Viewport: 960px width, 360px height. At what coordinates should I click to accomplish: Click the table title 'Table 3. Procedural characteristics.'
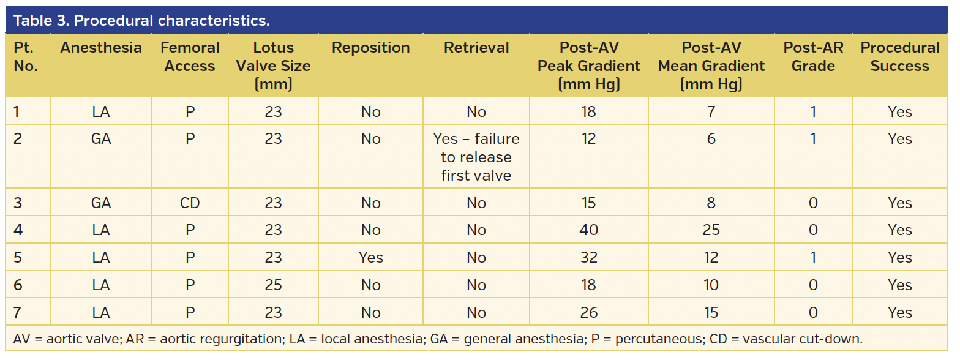[x=141, y=21]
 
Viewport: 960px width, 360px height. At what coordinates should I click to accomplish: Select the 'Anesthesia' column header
[x=101, y=48]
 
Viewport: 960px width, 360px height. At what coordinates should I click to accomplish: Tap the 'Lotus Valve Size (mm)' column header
[x=273, y=66]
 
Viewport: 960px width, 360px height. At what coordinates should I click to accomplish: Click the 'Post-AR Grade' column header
[x=813, y=57]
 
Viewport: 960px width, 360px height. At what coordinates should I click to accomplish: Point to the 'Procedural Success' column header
[x=899, y=57]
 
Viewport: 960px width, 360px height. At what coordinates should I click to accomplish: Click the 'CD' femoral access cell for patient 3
[x=190, y=203]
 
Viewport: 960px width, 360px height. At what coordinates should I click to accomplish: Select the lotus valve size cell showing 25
[x=273, y=285]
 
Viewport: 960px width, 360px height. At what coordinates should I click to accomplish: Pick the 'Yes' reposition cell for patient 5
[x=370, y=258]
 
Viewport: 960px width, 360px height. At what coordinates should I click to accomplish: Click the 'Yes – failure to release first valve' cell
[x=476, y=157]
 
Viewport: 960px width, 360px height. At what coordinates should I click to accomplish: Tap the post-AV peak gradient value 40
[x=588, y=230]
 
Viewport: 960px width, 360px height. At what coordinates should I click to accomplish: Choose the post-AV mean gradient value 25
[x=711, y=230]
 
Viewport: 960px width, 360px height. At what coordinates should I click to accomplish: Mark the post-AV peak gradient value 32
[x=588, y=258]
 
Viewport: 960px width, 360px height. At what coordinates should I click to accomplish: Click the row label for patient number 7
[x=18, y=313]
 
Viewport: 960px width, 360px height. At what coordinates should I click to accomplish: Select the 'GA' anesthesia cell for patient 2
[x=101, y=139]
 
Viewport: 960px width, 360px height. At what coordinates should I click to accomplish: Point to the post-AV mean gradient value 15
[x=711, y=313]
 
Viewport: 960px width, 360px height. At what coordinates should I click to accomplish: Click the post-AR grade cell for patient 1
[x=813, y=112]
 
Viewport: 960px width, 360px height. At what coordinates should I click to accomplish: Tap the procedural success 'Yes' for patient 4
[x=899, y=230]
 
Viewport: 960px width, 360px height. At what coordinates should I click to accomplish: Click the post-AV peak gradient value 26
[x=588, y=313]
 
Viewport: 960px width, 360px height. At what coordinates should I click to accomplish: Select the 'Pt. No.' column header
[x=26, y=57]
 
